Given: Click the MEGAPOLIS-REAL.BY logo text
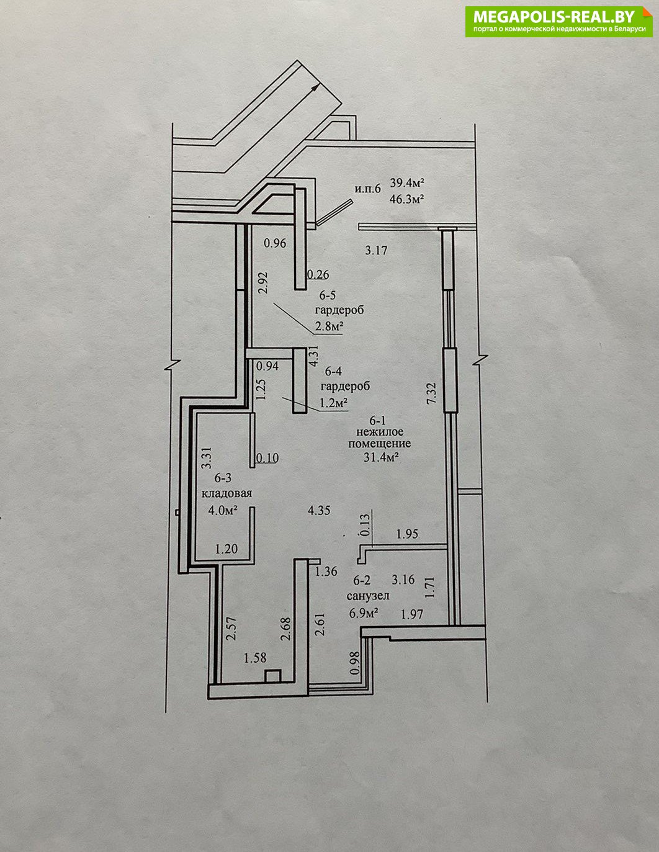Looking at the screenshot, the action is (554, 16).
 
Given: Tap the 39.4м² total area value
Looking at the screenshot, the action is (408, 182).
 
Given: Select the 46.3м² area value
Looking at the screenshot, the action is (408, 199).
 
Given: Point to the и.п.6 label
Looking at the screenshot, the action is (368, 189).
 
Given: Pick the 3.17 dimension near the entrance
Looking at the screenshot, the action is (376, 250).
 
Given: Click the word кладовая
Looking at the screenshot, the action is (226, 493).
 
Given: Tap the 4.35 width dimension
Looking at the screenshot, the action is (319, 511).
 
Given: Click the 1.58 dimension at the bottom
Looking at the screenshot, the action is (255, 658).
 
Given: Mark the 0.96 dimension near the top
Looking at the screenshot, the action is (275, 243).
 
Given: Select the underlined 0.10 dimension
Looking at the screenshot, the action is (267, 458).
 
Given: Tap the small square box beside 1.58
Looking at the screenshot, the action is (272, 676).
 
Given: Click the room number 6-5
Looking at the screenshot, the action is (327, 295).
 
